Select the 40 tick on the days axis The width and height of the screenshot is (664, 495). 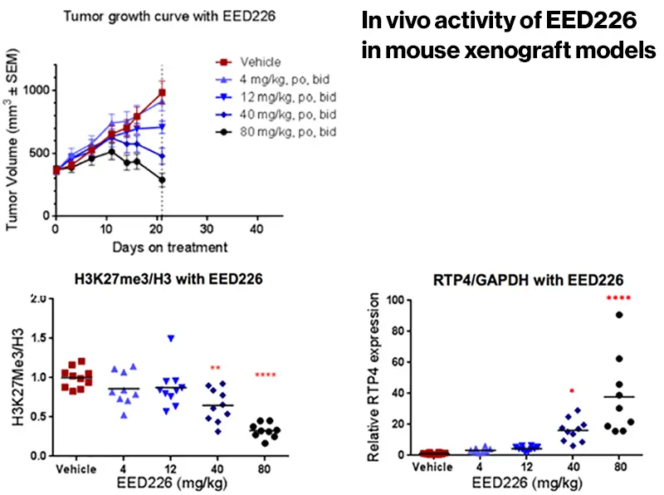257,229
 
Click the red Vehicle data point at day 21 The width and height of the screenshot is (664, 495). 162,93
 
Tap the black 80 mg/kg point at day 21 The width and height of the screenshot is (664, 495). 162,179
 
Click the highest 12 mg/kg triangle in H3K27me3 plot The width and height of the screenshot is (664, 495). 171,338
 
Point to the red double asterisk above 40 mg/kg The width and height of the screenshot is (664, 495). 214,367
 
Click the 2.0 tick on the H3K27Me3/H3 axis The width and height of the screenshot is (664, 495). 37,299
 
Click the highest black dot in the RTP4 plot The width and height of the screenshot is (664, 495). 619,315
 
